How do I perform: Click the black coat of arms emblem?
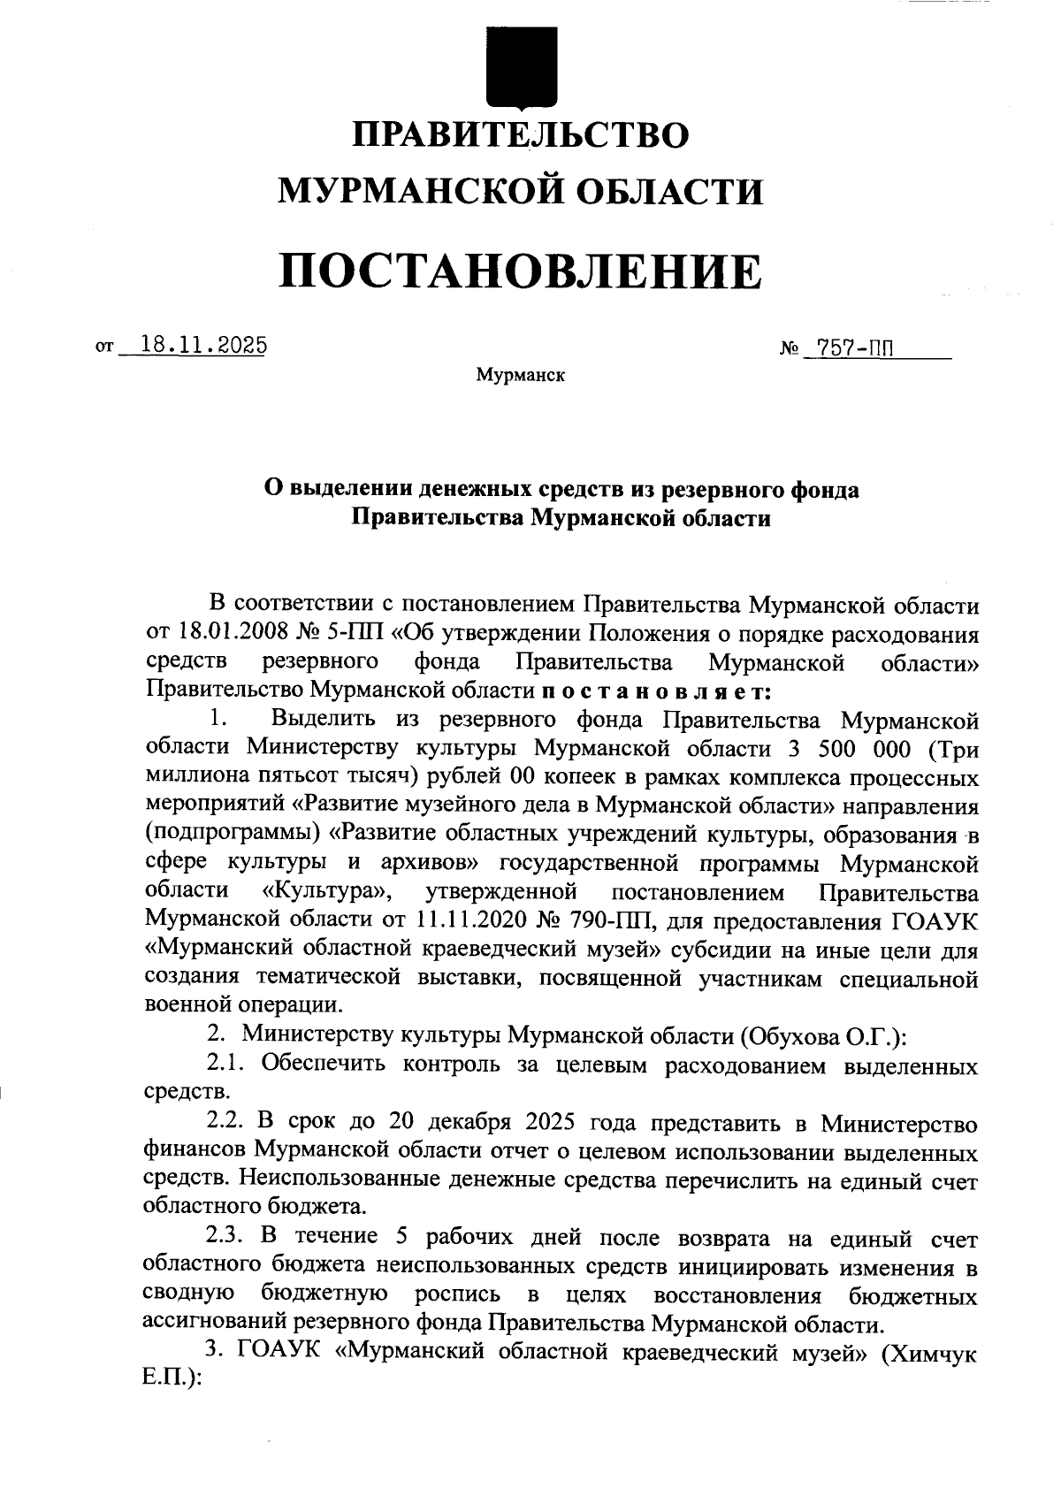click(x=522, y=66)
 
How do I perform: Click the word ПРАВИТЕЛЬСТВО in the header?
click(x=521, y=136)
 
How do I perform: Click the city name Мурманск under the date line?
click(x=520, y=376)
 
